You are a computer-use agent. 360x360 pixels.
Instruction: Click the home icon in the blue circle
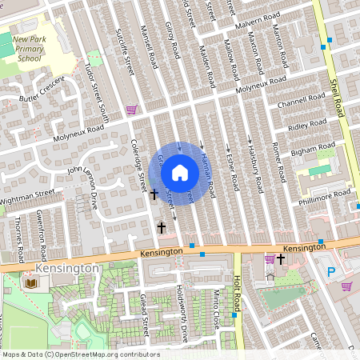[x=180, y=172]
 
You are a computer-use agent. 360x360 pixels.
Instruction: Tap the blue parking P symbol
[x=331, y=272]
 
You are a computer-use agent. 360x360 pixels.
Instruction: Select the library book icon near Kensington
[x=31, y=284]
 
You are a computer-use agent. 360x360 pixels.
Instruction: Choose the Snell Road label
[x=336, y=89]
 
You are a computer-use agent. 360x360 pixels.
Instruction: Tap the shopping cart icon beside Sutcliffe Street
[x=131, y=110]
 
